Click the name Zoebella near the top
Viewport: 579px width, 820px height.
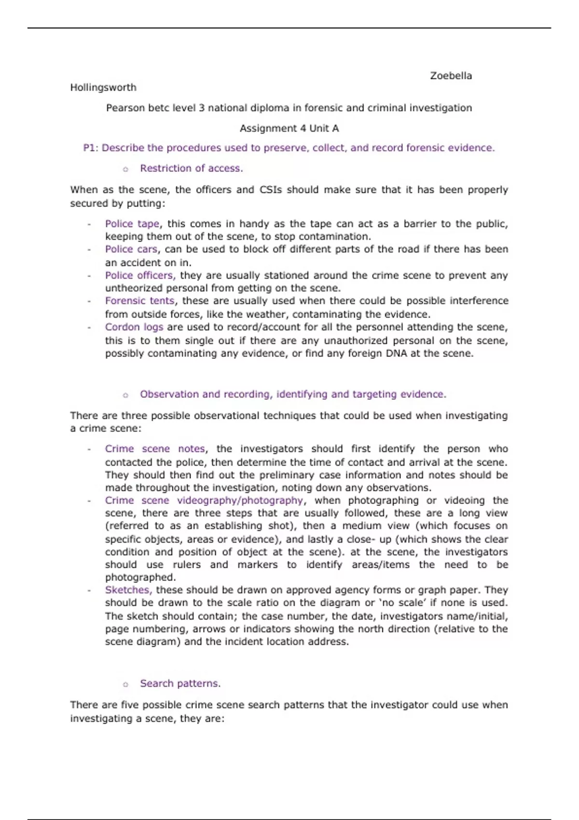click(x=451, y=76)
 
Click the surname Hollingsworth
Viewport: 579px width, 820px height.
click(x=103, y=87)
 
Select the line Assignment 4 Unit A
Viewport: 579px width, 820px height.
click(x=289, y=128)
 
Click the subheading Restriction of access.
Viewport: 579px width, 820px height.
click(x=191, y=168)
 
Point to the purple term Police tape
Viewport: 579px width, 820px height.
click(x=132, y=224)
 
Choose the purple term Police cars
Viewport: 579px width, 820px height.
click(x=131, y=249)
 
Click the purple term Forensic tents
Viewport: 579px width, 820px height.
click(x=139, y=301)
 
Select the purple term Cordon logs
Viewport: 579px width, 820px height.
click(x=134, y=327)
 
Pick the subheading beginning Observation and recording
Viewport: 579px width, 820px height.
click(x=293, y=394)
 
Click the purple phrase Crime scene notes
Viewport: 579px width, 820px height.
click(x=154, y=449)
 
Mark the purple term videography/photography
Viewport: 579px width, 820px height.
click(x=240, y=500)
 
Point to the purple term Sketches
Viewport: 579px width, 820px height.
click(x=128, y=590)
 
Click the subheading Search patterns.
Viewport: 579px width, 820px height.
click(x=180, y=683)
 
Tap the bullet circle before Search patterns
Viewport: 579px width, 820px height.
click(x=125, y=684)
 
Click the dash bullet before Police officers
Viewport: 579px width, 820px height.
click(x=89, y=276)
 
